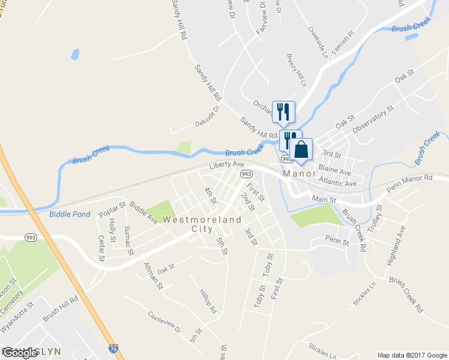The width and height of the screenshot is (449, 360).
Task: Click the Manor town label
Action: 298,173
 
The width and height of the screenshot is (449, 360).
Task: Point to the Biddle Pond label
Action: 70,214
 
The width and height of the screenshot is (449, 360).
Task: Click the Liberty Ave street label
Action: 226,164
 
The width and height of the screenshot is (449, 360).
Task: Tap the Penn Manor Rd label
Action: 409,182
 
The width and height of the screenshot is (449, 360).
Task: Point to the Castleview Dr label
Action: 164,322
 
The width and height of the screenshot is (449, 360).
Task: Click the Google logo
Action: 20,352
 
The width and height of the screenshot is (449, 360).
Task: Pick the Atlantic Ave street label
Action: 338,182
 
